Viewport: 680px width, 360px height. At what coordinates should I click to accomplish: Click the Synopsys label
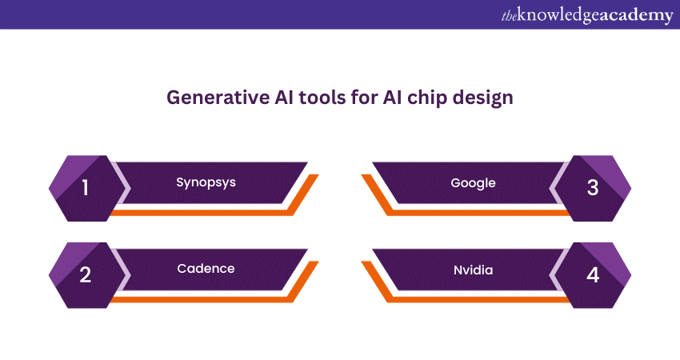pyautogui.click(x=206, y=182)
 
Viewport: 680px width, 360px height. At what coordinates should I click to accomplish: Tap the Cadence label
pyautogui.click(x=206, y=268)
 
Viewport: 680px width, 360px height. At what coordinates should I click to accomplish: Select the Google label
pyautogui.click(x=473, y=182)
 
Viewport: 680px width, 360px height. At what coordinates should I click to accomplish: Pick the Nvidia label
pyautogui.click(x=473, y=270)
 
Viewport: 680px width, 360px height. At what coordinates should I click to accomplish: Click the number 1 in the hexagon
pyautogui.click(x=86, y=189)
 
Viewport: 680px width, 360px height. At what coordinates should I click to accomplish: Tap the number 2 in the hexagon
pyautogui.click(x=86, y=275)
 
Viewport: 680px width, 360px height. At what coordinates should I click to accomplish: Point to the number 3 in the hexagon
pyautogui.click(x=593, y=189)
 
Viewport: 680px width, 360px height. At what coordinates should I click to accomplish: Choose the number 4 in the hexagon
pyautogui.click(x=593, y=275)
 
